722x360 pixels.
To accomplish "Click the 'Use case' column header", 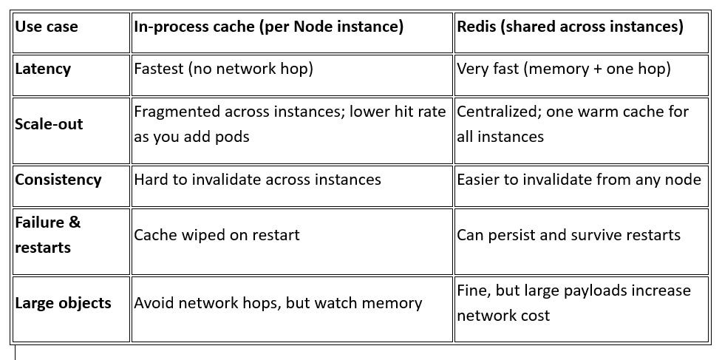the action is (47, 27).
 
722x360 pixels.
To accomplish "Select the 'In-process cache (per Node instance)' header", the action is (268, 27).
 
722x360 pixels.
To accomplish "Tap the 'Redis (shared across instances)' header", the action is (570, 27).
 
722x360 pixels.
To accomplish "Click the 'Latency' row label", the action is (43, 69).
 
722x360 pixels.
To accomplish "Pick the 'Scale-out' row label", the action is (49, 124).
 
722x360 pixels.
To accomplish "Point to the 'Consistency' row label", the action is (58, 180).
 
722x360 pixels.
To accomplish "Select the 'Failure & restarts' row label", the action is (47, 235).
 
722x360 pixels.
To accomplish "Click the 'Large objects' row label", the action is (63, 303).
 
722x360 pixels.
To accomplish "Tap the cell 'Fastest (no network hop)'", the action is (223, 69).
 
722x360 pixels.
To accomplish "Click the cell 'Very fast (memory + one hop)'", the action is (564, 69).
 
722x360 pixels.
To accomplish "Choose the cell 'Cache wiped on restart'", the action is (217, 235).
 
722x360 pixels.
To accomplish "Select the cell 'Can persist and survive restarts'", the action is (569, 235).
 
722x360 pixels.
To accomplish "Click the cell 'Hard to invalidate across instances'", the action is (257, 180).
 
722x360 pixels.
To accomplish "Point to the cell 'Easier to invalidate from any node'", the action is (579, 180).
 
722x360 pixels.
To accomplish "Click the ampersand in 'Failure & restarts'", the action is (75, 223).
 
